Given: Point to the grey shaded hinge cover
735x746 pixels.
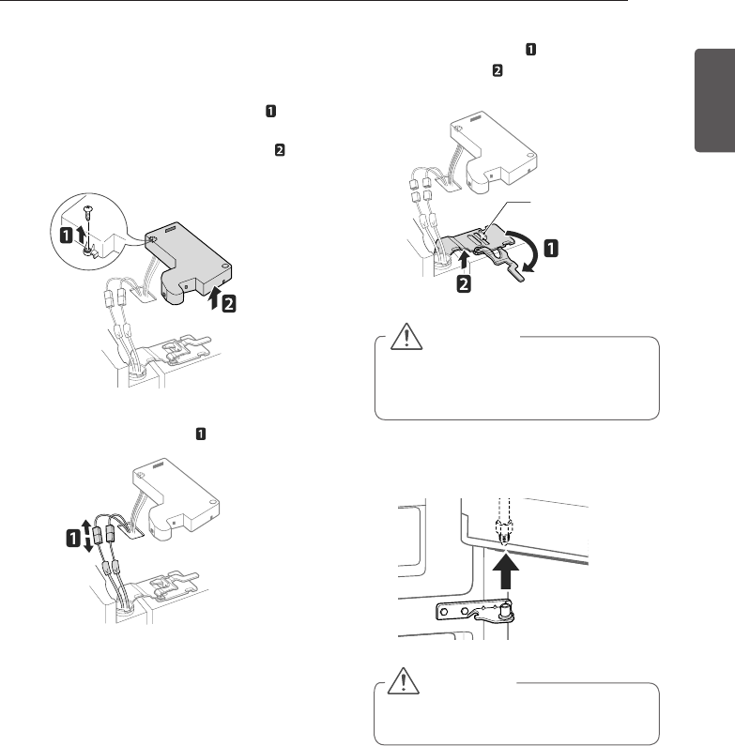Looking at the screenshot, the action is [187, 253].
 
